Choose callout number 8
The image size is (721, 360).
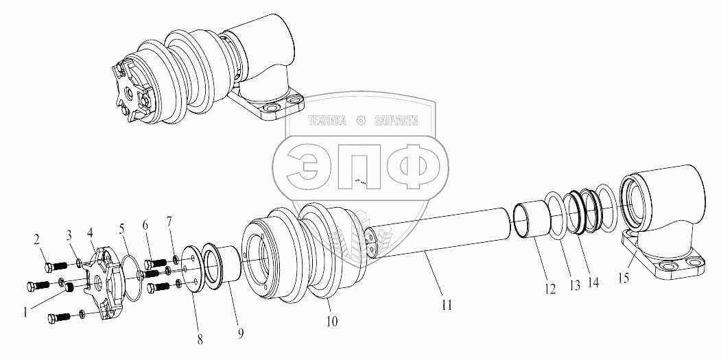coord(200,340)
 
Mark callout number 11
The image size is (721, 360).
coord(447,305)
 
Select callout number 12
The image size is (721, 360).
coord(549,289)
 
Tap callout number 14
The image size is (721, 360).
coord(593,284)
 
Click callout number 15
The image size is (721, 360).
coord(624,278)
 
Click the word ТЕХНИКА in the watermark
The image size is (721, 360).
coord(327,121)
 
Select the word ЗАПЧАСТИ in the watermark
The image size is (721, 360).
coord(397,121)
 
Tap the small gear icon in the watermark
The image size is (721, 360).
coord(361,121)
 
